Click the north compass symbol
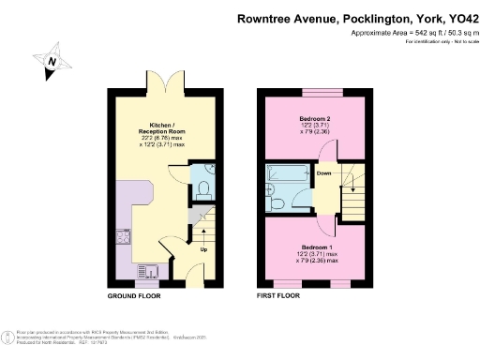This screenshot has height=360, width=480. [x=54, y=63]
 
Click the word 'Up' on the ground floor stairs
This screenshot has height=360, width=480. [x=202, y=249]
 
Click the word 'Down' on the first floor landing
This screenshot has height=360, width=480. [x=324, y=173]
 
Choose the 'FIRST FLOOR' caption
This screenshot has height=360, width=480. [x=279, y=295]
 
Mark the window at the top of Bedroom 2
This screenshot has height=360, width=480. [x=314, y=93]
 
